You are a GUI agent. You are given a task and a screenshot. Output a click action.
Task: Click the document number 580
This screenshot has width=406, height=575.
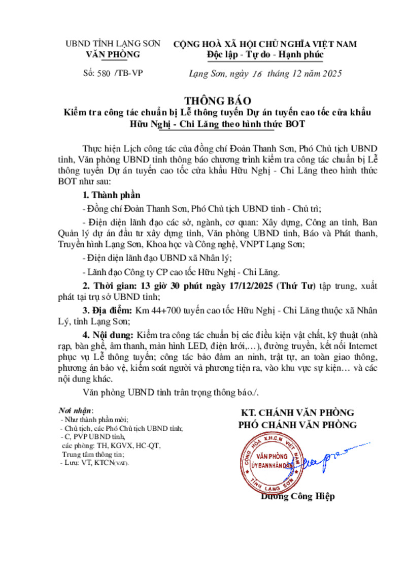click(x=103, y=73)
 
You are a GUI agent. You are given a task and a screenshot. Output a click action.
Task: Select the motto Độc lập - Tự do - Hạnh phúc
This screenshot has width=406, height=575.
click(x=265, y=54)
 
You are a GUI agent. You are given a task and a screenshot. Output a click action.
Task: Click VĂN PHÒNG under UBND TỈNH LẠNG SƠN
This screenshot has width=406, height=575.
click(x=113, y=54)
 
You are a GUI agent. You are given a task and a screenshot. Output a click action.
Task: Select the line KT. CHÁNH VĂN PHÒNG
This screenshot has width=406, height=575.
click(x=298, y=412)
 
